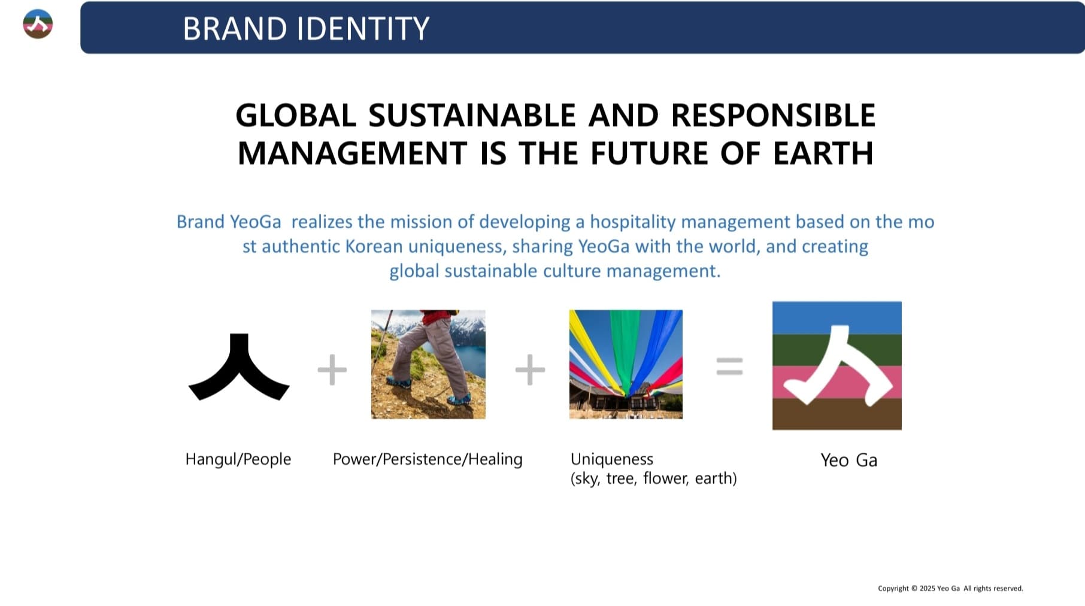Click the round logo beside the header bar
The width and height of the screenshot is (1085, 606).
[38, 25]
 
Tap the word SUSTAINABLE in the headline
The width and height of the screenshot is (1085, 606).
[472, 115]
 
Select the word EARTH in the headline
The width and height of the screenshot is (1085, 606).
[823, 153]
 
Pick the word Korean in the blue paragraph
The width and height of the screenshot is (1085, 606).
[374, 246]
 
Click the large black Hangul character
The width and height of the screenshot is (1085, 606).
[239, 366]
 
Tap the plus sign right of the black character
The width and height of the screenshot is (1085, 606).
[332, 369]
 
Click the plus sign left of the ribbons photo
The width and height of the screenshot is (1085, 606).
[530, 369]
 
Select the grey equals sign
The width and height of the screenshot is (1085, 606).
[729, 366]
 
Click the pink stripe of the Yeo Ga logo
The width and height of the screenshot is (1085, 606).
[837, 382]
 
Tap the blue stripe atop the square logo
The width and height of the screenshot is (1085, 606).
[837, 318]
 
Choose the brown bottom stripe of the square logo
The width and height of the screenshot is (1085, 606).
[837, 414]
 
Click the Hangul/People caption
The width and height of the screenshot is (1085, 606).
[238, 459]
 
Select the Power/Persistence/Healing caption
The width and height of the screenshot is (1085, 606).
[428, 459]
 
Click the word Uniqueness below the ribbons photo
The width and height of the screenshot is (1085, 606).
[612, 459]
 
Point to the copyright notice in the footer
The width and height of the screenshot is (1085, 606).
[950, 588]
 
